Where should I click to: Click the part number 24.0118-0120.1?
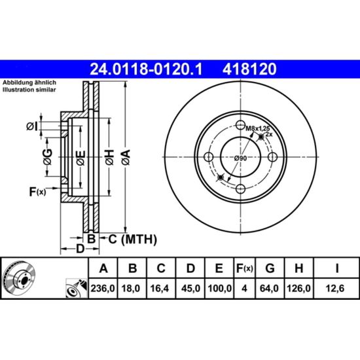click(146, 69)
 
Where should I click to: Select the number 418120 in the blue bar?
click(249, 69)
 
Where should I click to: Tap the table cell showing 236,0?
click(103, 289)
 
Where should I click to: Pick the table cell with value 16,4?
click(161, 289)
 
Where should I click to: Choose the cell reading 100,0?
click(219, 289)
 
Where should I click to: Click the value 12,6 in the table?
click(336, 289)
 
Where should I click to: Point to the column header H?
click(298, 268)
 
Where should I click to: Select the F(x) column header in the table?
click(245, 268)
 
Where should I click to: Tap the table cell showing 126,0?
click(298, 289)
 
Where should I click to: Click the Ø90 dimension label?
click(240, 158)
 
